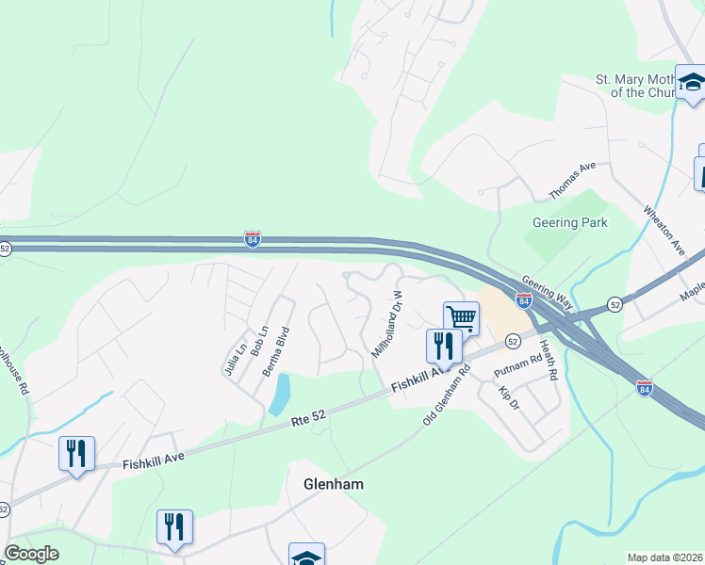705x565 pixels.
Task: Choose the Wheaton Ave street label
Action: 664,229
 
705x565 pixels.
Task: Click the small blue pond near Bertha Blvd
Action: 279,395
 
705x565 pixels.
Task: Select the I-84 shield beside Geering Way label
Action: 523,299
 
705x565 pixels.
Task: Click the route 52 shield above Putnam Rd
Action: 513,340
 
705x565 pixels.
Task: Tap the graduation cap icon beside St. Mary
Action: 691,82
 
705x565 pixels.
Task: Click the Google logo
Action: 30,554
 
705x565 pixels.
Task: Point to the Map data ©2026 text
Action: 665,557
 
